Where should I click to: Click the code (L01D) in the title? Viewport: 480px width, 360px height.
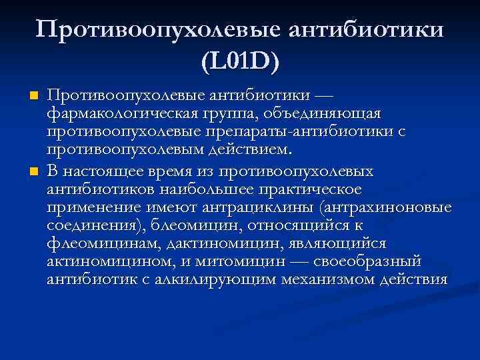coord(239,63)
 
